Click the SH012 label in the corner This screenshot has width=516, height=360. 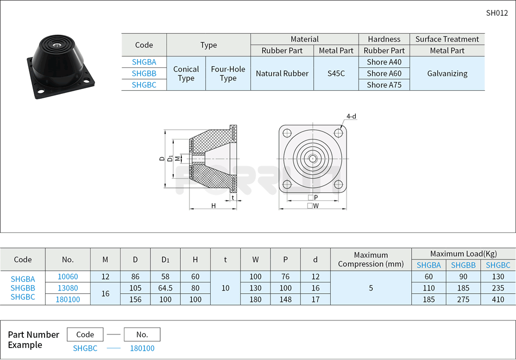point(496,13)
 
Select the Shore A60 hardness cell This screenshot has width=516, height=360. point(384,73)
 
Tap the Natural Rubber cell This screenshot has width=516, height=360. point(282,73)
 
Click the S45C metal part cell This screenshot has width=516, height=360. point(336,73)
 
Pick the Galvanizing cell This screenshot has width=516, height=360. point(447,73)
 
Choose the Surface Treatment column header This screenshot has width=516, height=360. point(447,39)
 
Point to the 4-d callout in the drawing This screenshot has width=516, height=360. point(351,116)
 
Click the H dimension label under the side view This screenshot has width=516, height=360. point(213,206)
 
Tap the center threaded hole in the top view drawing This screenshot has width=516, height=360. point(313,159)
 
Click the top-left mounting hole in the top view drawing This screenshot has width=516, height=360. point(287,133)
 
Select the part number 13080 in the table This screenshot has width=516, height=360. point(68,288)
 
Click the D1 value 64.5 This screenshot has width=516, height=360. point(165,288)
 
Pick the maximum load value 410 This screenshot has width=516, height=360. point(498,299)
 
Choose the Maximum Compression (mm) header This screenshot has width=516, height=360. point(371,260)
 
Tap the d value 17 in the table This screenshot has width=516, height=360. point(315,299)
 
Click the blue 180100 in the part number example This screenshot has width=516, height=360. point(142,348)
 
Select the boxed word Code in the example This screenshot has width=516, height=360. point(85,334)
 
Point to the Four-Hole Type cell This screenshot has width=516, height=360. point(228,73)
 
